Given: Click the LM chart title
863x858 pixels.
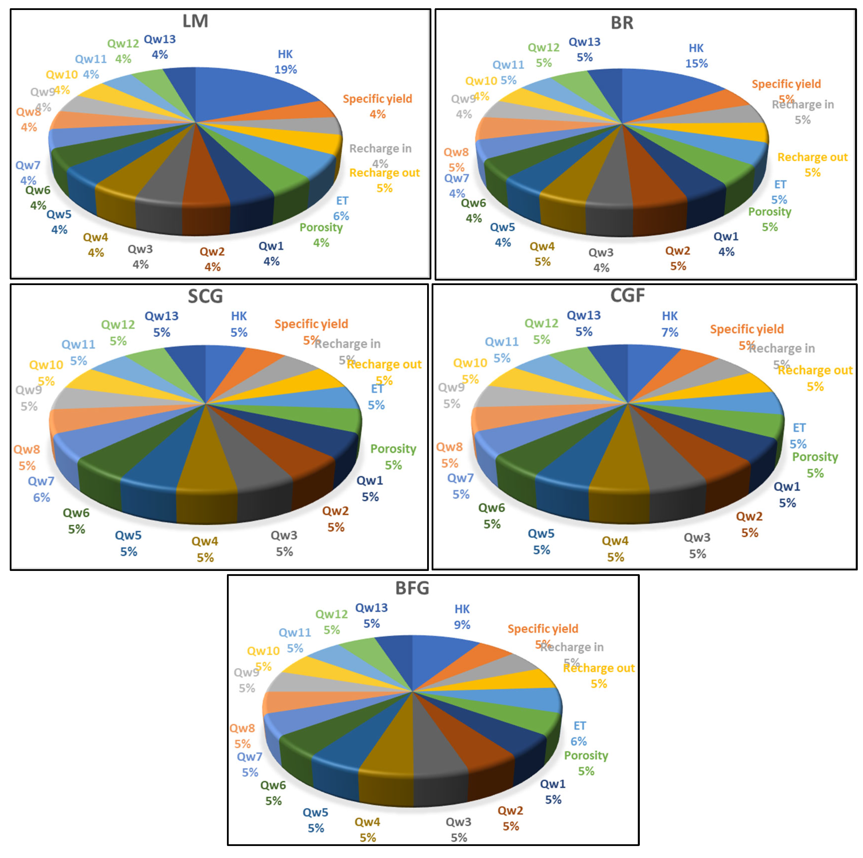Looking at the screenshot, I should pyautogui.click(x=195, y=21).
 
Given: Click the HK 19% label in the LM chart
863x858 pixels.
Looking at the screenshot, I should pyautogui.click(x=285, y=62).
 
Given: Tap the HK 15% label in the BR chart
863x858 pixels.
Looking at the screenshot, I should pyautogui.click(x=696, y=56).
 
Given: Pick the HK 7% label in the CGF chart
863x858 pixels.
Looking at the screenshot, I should pyautogui.click(x=670, y=324).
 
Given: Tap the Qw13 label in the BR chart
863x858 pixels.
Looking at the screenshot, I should pyautogui.click(x=584, y=42).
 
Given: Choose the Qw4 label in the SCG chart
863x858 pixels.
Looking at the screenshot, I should pyautogui.click(x=205, y=541).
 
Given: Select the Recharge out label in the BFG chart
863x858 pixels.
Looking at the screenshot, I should pyautogui.click(x=599, y=668).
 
